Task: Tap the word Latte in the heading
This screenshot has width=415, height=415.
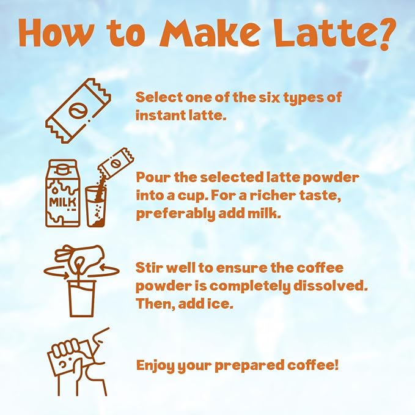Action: (x=322, y=34)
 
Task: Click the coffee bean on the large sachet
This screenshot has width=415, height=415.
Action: (x=77, y=111)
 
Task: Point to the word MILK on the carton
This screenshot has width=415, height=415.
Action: (x=63, y=202)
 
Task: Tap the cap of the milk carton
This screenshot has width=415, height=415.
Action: (x=62, y=169)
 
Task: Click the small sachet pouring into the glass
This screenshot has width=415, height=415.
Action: (x=116, y=163)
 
